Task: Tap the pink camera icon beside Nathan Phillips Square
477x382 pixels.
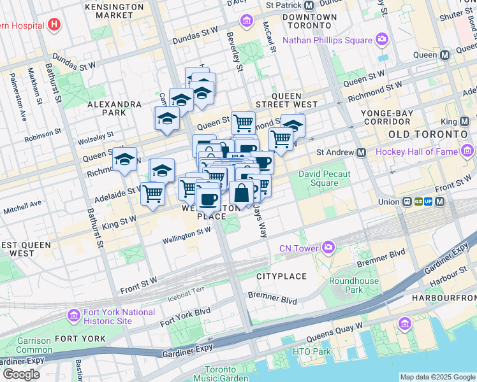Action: point(382,40)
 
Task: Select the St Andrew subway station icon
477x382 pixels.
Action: point(362,153)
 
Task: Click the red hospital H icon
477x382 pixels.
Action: point(54,25)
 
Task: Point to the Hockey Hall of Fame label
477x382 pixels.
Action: point(418,152)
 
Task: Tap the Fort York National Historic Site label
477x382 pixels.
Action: point(120,316)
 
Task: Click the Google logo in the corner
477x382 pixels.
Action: point(20,374)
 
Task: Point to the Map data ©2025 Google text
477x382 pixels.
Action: point(437,377)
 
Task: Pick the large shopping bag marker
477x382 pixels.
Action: point(242,194)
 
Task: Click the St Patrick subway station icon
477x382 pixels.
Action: point(309,4)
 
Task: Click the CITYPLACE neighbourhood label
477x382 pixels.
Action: point(281,276)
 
